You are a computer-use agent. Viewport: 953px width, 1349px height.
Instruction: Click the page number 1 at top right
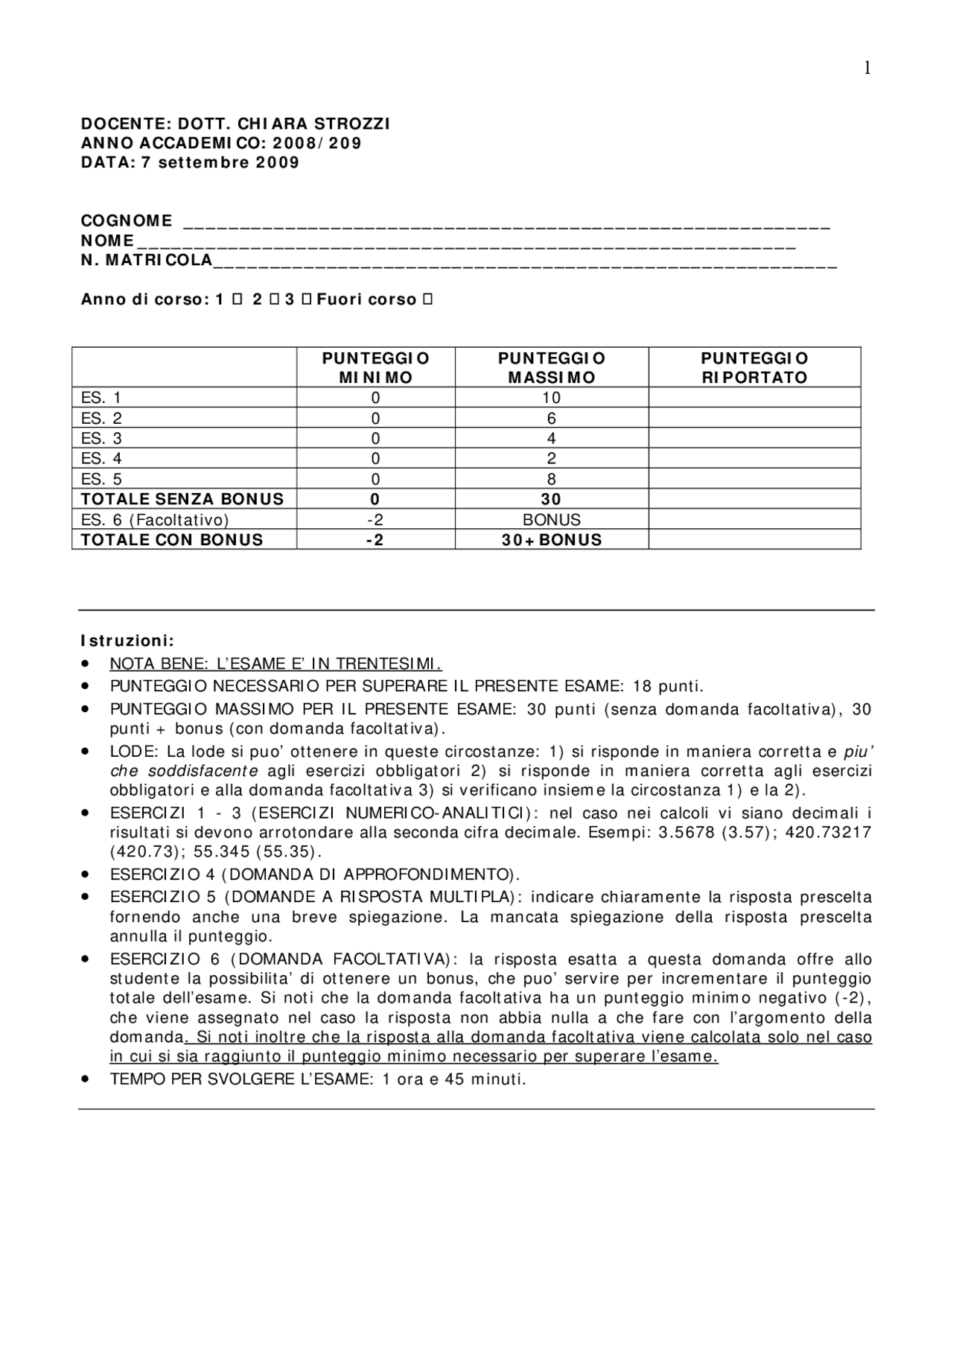coord(867,69)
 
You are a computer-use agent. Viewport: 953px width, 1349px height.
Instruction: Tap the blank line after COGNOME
coord(506,222)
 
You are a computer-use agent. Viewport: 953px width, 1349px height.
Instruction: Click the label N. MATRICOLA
coord(147,260)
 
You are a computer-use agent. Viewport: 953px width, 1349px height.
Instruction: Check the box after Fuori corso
coord(427,299)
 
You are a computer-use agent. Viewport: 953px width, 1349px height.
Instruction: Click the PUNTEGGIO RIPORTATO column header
coord(754,367)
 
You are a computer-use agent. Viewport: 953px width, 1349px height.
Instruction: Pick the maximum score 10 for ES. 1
coord(551,398)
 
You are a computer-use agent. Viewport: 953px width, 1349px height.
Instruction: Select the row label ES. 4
coord(101,459)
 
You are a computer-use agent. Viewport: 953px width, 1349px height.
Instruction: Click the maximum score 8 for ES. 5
coord(551,479)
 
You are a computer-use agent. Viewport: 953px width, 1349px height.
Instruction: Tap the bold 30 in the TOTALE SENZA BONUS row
coord(551,499)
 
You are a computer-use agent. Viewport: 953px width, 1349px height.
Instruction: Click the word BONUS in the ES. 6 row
coord(551,520)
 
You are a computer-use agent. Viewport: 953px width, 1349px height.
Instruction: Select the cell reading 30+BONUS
coord(551,540)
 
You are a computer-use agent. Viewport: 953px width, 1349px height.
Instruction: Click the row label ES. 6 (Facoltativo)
coord(155,520)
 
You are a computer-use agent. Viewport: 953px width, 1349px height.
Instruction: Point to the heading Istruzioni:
coord(127,641)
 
